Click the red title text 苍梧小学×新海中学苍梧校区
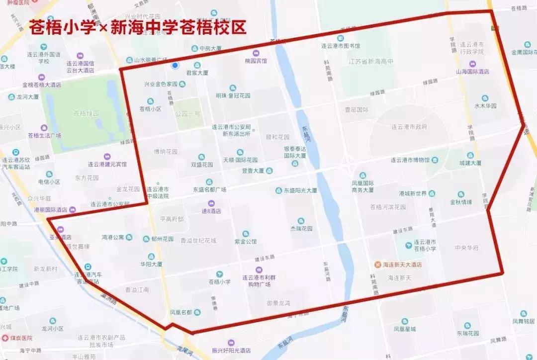pos(138,27)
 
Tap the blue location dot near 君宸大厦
pos(175,65)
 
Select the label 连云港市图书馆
pos(340,46)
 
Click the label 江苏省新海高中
pos(370,61)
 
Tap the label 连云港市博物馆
pos(409,160)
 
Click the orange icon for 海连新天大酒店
pos(378,265)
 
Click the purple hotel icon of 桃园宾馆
pos(257,53)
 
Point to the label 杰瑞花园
pos(301,229)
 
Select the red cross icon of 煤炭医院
pos(5,338)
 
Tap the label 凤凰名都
pos(180,312)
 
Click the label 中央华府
pos(466,248)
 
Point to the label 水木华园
pos(485,105)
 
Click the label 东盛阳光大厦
pos(300,190)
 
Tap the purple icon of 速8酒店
pos(211,203)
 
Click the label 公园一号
pos(187,113)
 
